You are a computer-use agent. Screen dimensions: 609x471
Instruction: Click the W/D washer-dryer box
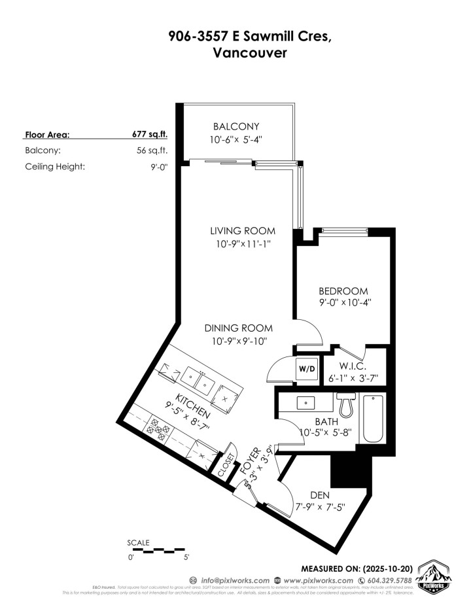307,369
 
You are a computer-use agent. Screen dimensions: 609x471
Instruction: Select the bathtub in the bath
374,419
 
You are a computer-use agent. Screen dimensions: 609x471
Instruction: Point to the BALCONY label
236,126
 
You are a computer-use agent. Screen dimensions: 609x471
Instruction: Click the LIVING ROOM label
242,231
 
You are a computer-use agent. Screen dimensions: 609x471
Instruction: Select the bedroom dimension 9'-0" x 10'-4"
343,304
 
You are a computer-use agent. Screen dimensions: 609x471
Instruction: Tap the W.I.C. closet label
352,367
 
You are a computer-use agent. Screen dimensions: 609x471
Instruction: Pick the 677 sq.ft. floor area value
150,135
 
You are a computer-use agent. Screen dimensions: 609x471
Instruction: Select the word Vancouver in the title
250,55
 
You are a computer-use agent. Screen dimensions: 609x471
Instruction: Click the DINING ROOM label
238,328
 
